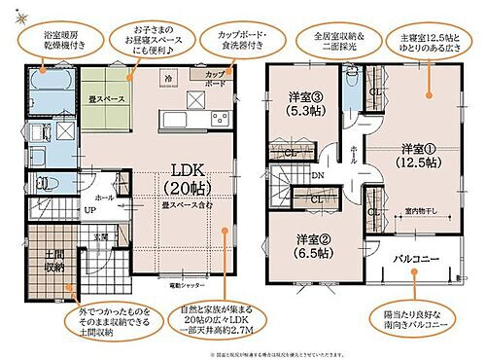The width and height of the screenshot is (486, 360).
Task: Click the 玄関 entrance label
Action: click(x=100, y=235)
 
